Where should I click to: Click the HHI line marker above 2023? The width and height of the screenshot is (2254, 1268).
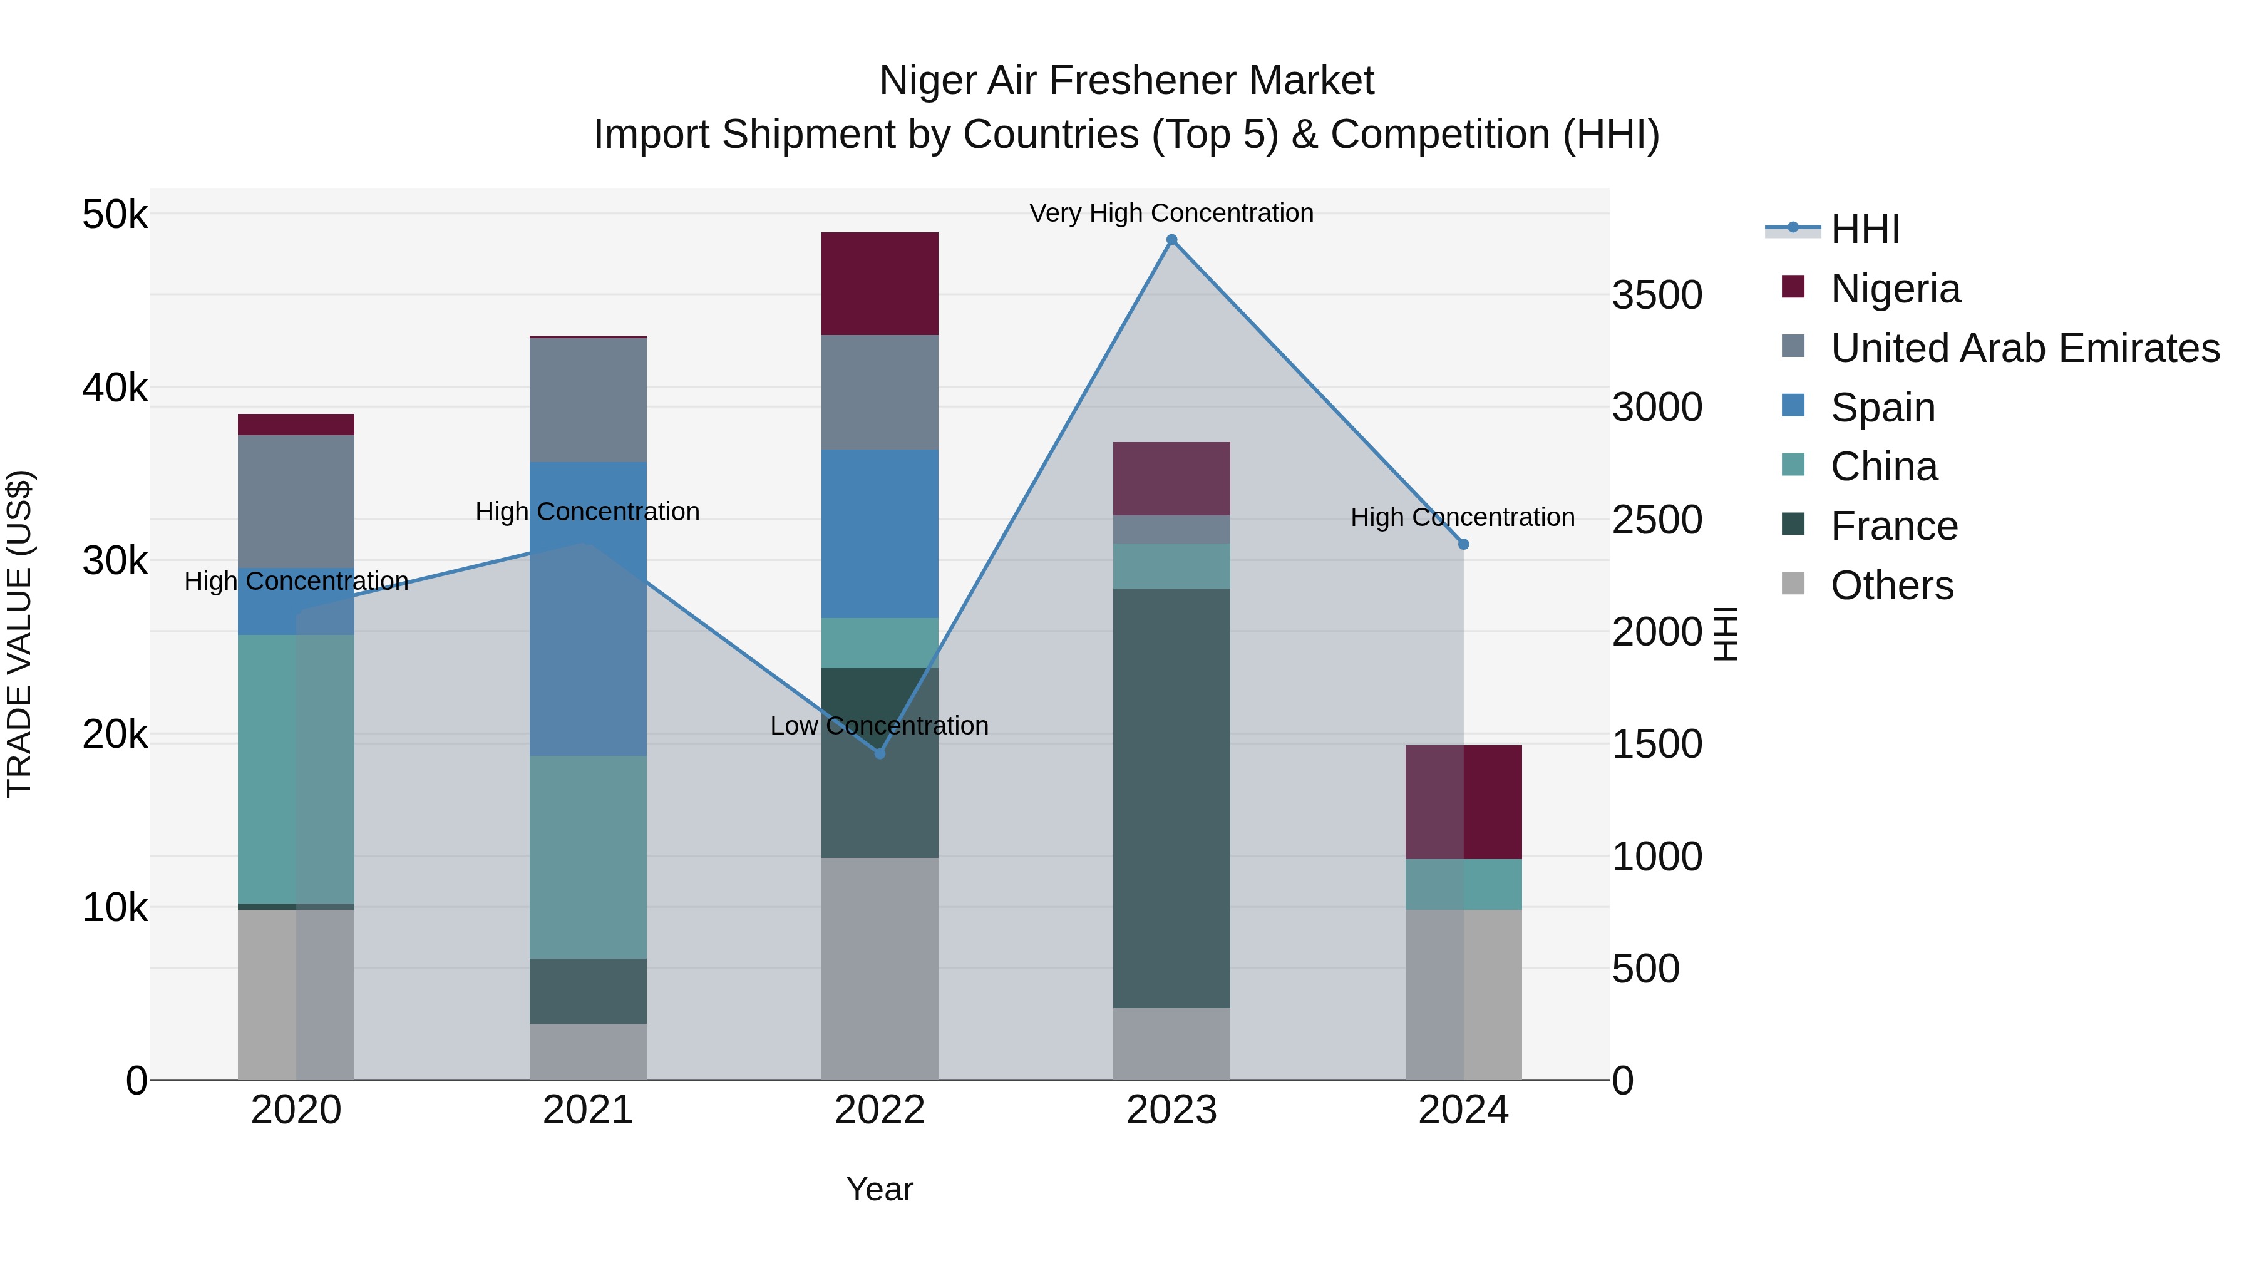[x=1171, y=240]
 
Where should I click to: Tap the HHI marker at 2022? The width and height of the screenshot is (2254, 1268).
[x=880, y=753]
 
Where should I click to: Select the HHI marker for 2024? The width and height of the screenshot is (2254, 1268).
[x=1463, y=544]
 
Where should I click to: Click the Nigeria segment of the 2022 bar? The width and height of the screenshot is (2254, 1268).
[x=880, y=284]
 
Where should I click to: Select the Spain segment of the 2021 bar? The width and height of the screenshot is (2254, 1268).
[x=587, y=608]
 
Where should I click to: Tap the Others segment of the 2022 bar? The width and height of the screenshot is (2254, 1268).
[x=880, y=968]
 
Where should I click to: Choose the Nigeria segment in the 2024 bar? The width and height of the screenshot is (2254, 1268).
[x=1463, y=802]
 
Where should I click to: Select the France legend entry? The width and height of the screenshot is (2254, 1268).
[x=1893, y=527]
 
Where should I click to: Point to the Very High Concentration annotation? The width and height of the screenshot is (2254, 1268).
[x=1171, y=214]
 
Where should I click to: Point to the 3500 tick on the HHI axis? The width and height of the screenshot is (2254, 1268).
[x=1656, y=296]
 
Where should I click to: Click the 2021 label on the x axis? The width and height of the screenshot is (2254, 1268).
[x=587, y=1110]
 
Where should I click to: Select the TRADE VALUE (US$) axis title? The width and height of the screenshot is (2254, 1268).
[x=20, y=634]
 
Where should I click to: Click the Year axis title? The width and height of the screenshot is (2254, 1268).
[x=880, y=1189]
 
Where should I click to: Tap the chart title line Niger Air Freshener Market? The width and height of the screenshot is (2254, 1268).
[x=1126, y=81]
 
